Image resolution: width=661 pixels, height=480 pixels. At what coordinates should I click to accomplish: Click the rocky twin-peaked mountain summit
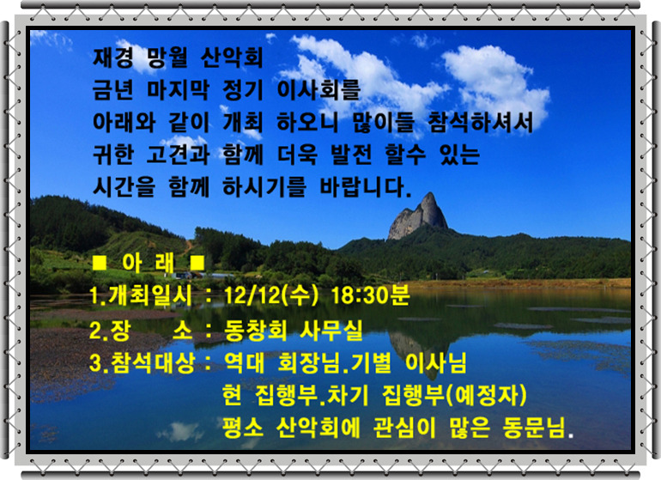419,216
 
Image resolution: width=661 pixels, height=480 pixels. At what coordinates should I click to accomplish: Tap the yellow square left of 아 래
100,264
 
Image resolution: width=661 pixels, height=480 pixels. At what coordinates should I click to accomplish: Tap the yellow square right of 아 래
197,264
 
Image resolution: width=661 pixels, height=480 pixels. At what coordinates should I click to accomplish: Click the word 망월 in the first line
167,58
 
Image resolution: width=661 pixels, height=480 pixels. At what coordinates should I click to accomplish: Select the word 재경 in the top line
113,58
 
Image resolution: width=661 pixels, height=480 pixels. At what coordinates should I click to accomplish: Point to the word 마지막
178,89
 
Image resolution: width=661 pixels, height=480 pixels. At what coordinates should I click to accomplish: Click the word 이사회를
318,89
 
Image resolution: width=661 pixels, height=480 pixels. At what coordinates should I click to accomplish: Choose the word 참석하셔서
481,122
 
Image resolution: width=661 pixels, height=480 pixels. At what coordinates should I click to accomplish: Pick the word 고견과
178,155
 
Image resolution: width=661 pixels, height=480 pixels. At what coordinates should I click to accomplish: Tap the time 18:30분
370,295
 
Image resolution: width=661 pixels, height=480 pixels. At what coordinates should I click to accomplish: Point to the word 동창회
256,330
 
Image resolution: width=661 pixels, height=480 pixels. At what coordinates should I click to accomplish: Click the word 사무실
330,330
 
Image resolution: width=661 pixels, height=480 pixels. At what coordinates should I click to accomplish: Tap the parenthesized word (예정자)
486,396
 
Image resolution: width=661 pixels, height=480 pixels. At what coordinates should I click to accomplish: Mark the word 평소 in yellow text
243,428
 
